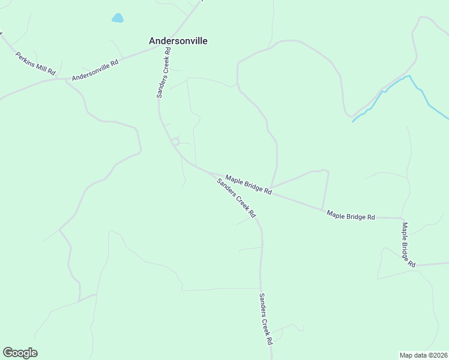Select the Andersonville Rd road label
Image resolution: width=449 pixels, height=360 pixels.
(95, 70)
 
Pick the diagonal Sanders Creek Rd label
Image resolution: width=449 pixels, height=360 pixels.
(236, 198)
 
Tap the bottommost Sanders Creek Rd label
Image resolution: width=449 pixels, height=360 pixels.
(266, 318)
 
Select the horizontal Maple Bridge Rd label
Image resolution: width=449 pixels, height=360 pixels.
(351, 215)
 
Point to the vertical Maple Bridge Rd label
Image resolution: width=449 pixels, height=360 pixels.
(408, 245)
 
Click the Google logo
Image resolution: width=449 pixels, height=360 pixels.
(20, 353)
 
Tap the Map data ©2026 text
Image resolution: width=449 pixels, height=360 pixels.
(423, 355)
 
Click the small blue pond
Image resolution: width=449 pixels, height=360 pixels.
(118, 18)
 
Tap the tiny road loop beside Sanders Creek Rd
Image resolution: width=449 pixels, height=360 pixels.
(175, 142)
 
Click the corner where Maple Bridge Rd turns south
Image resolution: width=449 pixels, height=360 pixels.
(402, 218)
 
